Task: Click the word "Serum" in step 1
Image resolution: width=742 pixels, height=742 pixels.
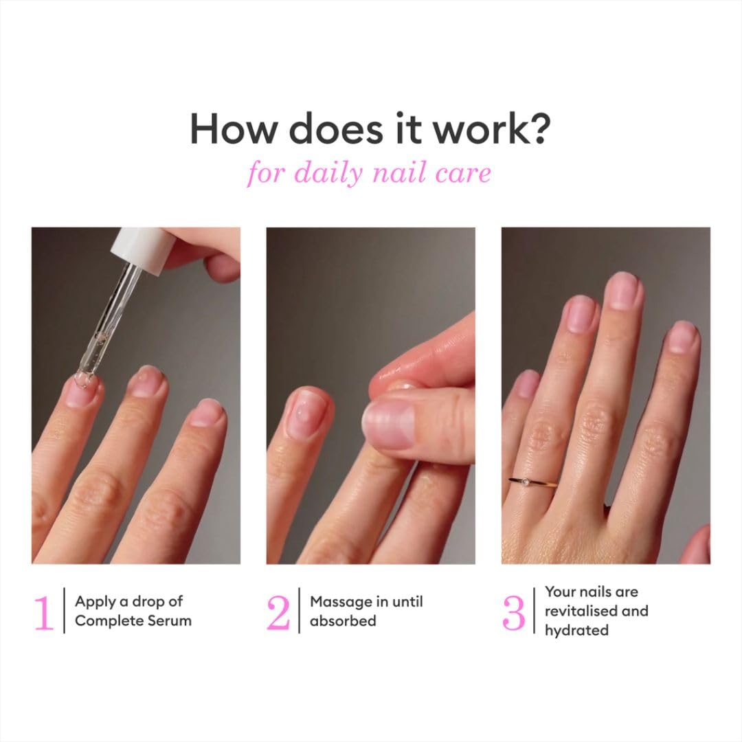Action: point(170,621)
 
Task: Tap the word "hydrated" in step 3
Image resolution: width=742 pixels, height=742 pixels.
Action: point(576,630)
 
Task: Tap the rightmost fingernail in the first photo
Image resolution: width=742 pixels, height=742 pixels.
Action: point(207,412)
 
